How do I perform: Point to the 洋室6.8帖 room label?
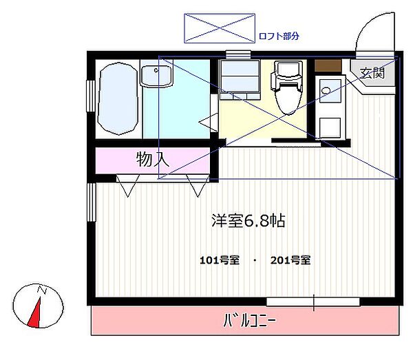[248, 221]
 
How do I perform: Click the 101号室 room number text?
[219, 260]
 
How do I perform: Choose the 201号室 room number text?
[290, 260]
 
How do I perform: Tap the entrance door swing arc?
[376, 31]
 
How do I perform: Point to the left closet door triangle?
[127, 186]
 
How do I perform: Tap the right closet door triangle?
[196, 186]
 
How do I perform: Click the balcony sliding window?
[313, 301]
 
